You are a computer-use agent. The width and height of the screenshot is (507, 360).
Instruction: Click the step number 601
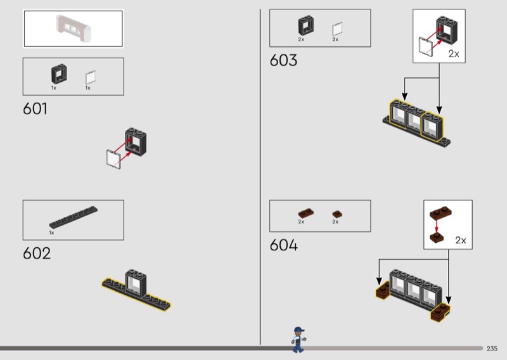[35, 108]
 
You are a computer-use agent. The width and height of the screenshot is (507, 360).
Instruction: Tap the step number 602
[37, 253]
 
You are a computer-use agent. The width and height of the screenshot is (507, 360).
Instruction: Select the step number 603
[283, 60]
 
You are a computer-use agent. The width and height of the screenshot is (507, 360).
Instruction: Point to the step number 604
[283, 245]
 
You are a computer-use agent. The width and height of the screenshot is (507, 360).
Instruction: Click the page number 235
[492, 349]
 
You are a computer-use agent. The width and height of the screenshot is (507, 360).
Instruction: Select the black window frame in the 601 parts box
[58, 74]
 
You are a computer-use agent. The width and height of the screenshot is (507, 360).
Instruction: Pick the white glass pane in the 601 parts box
[91, 77]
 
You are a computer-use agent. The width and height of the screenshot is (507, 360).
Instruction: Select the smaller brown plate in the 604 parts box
[337, 214]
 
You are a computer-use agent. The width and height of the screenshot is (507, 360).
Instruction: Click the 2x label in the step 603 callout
[454, 54]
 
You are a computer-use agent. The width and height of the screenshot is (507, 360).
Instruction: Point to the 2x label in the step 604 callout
[461, 240]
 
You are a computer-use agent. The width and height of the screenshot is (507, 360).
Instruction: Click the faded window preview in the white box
[74, 27]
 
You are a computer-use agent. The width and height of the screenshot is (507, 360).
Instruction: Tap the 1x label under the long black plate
[52, 233]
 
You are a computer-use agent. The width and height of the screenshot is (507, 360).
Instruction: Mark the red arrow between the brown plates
[436, 226]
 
